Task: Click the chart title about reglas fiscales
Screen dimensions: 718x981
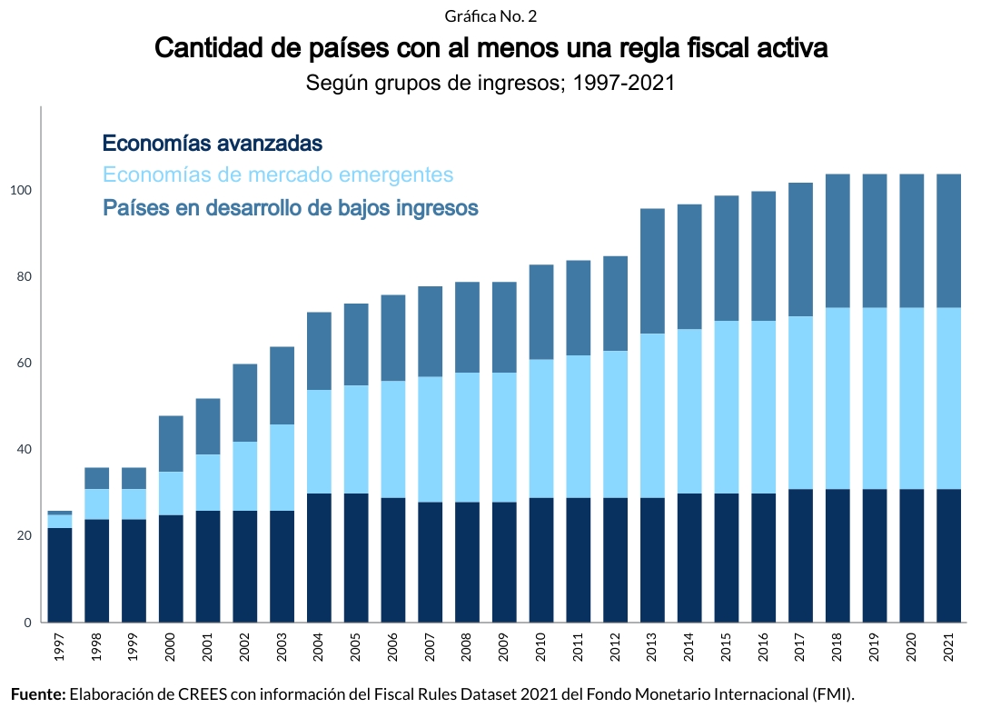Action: pos(490,48)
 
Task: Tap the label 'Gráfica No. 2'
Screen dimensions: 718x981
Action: pos(490,16)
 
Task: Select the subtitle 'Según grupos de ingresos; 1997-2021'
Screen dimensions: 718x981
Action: pos(490,84)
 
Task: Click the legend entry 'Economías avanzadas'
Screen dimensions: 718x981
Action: pos(213,143)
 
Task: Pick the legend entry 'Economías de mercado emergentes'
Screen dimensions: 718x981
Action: pos(278,175)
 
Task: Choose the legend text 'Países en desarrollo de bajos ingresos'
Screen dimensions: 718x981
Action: pos(291,208)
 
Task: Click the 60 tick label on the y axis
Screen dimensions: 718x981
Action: pos(24,364)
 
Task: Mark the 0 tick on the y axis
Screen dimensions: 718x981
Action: pos(28,623)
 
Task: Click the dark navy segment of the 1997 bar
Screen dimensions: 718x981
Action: pos(60,574)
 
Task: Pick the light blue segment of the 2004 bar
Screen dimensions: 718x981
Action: pos(318,442)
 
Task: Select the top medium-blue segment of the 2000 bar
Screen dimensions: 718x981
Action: pos(172,444)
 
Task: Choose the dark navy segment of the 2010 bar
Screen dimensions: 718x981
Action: pos(541,560)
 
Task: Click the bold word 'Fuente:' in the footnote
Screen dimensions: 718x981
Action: pos(39,694)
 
